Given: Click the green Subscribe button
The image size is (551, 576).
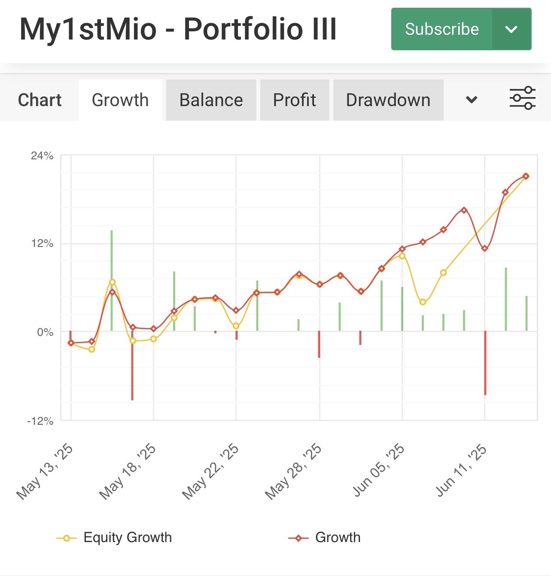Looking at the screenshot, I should (x=441, y=29).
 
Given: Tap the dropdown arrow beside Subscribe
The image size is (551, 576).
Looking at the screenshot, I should (x=511, y=29).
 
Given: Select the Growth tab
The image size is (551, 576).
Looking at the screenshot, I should (x=120, y=100).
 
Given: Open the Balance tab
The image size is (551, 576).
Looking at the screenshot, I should (x=211, y=100).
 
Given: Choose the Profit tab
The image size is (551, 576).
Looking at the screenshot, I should (x=295, y=100).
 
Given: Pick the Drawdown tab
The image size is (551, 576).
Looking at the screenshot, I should (x=388, y=100).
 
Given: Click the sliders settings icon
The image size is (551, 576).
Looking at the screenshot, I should (x=522, y=98).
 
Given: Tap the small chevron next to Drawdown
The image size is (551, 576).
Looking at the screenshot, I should (x=472, y=100).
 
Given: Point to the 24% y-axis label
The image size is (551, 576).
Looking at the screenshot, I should (x=42, y=156).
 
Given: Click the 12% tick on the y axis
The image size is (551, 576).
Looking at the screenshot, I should (x=42, y=244).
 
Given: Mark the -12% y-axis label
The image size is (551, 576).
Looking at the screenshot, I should (x=40, y=421).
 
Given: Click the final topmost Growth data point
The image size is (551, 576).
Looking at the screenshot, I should (x=526, y=176).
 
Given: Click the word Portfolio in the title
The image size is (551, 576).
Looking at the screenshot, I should (x=238, y=29).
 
